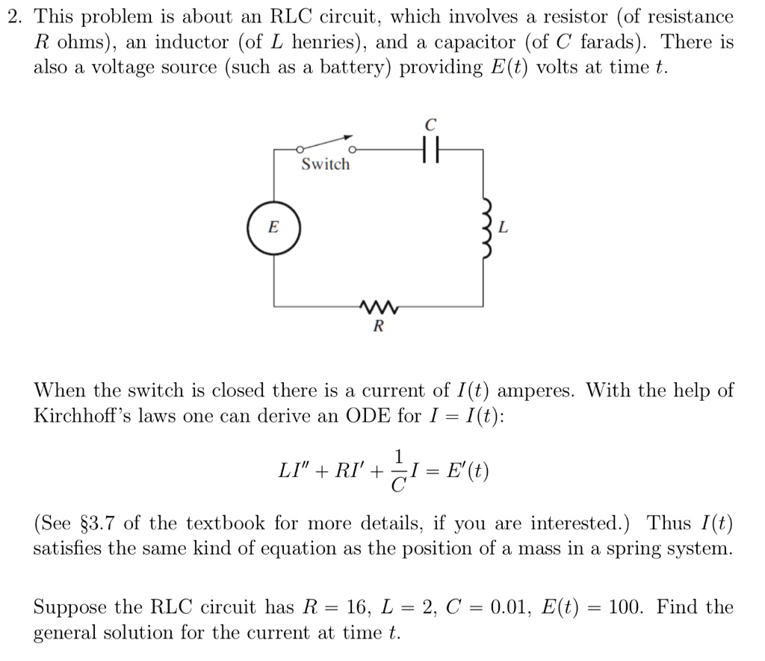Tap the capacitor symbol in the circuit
pyautogui.click(x=429, y=150)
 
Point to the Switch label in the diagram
pyautogui.click(x=325, y=165)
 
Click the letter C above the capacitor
pyautogui.click(x=430, y=123)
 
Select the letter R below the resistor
pyautogui.click(x=377, y=327)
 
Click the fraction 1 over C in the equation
pyautogui.click(x=400, y=471)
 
